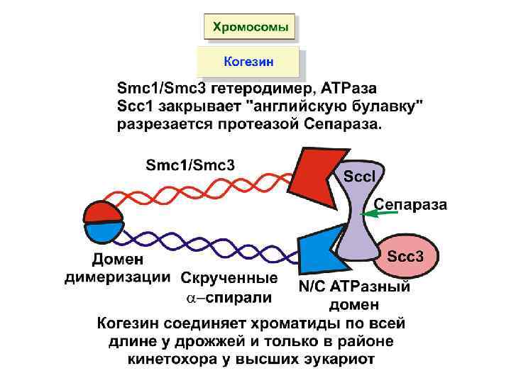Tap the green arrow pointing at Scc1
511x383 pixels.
pyautogui.click(x=373, y=211)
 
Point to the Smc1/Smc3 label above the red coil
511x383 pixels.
pyautogui.click(x=190, y=164)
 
